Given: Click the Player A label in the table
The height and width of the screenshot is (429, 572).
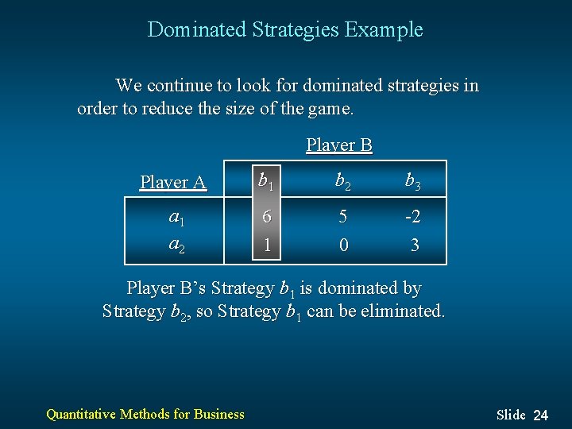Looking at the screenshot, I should [x=173, y=183].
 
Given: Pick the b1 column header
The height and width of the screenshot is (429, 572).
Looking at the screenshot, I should [x=266, y=182].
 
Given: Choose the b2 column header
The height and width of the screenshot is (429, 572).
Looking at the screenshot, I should [x=342, y=182].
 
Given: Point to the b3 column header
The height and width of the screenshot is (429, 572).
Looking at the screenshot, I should [x=413, y=182].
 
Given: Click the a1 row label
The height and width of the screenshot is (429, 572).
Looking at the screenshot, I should [x=176, y=217].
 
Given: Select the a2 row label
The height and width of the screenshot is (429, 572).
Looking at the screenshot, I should [x=176, y=245].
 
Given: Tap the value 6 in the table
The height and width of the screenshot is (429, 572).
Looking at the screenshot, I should [x=266, y=217].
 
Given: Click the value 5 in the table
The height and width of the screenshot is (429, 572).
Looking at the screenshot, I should [x=342, y=217].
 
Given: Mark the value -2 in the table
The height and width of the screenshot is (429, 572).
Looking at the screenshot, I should [x=412, y=217].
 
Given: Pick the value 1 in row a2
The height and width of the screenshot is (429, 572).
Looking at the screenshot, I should [x=267, y=245].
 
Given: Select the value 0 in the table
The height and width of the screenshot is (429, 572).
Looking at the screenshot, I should [x=343, y=245].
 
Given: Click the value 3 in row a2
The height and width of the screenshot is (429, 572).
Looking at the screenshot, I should [x=415, y=245].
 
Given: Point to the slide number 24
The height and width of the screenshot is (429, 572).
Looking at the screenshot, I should [x=540, y=415].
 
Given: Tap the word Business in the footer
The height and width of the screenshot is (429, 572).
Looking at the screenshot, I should [x=218, y=413].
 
